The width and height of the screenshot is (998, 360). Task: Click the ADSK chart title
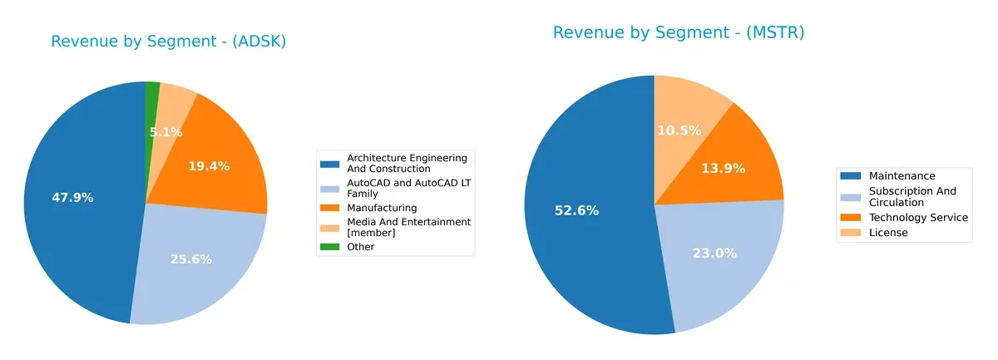pyautogui.click(x=169, y=42)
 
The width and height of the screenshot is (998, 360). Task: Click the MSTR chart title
pyautogui.click(x=679, y=32)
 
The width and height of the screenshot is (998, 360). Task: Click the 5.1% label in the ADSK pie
pyautogui.click(x=166, y=132)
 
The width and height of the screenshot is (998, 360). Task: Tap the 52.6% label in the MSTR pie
pyautogui.click(x=576, y=210)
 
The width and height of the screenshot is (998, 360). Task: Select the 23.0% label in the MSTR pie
pyautogui.click(x=714, y=254)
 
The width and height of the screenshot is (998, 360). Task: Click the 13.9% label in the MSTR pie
pyautogui.click(x=722, y=169)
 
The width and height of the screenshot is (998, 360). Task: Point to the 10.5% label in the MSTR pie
pyautogui.click(x=679, y=131)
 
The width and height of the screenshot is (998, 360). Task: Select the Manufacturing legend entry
pyautogui.click(x=383, y=207)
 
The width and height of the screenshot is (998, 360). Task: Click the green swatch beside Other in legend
pyautogui.click(x=331, y=247)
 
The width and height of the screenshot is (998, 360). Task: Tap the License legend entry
pyautogui.click(x=888, y=233)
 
